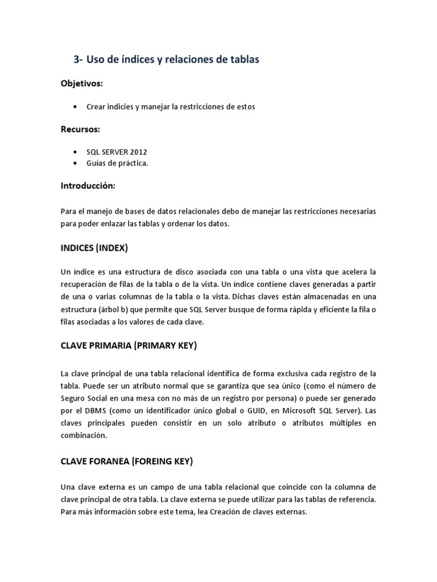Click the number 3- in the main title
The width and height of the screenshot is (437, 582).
80,59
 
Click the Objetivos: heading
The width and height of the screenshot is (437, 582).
82,84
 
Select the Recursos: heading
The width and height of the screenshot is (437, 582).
80,129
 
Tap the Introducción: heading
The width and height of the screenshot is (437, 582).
88,186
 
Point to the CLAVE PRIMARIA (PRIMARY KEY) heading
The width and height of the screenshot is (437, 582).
129,346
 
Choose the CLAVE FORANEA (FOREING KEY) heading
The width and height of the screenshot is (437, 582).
127,462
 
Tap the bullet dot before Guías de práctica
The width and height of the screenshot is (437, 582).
75,164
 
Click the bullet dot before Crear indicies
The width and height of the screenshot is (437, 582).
75,107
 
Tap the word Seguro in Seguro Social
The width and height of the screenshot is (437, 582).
73,398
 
